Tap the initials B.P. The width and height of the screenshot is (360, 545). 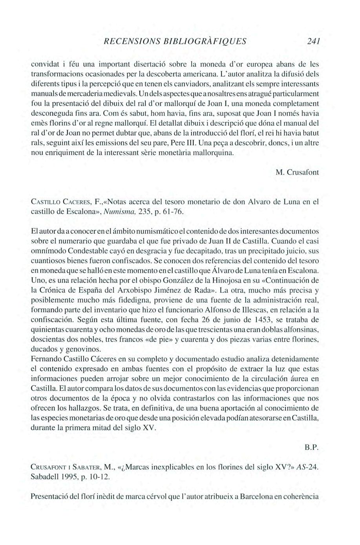pos(311,448)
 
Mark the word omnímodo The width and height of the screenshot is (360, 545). pos(48,251)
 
